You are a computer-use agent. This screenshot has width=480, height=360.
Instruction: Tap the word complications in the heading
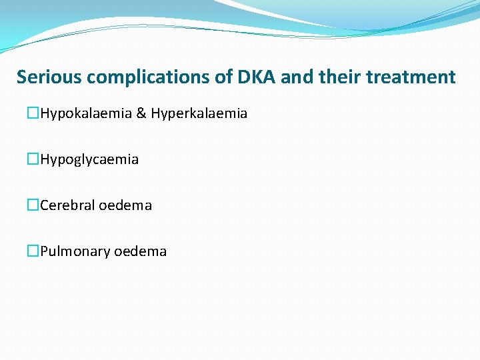coord(147,77)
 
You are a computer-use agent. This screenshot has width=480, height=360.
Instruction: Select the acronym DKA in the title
coord(257,77)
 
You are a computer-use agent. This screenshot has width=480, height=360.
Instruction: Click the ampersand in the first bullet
coord(141,114)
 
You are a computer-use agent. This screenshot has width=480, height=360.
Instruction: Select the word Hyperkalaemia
coord(199,114)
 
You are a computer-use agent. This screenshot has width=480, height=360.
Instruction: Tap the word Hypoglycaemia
coord(89,160)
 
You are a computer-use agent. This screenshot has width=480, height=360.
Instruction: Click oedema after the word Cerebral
coord(125,205)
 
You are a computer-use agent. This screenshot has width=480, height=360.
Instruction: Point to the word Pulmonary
coord(75,251)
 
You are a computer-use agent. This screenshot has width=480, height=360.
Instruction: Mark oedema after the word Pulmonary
coord(141,251)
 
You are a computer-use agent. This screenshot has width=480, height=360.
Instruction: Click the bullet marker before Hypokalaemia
coord(33,114)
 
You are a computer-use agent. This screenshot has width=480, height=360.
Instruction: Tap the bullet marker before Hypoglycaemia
coord(33,160)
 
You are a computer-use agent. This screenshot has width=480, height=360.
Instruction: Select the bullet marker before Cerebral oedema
coord(33,205)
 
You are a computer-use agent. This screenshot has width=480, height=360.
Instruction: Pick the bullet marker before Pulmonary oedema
coord(33,251)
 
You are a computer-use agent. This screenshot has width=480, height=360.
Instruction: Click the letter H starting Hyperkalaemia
coord(155,114)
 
